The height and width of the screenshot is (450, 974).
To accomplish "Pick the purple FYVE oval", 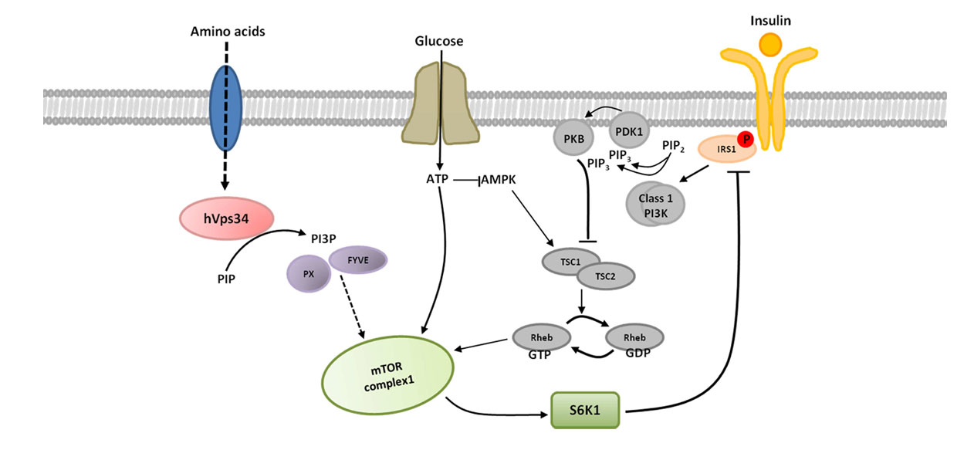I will tap(357, 261).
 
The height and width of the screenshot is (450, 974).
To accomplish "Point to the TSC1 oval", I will tap(566, 262).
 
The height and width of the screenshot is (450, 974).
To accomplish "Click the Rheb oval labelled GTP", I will tap(541, 337).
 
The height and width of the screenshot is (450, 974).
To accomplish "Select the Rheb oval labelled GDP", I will tap(635, 337).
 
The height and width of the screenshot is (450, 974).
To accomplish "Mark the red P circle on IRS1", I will tap(745, 139).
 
